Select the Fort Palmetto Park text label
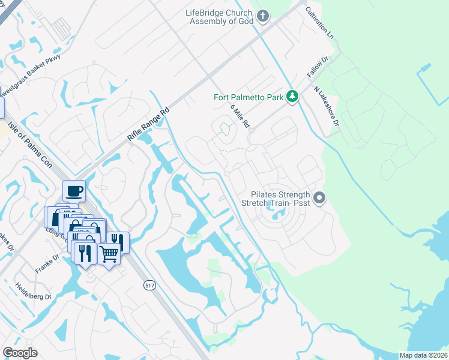pos(249,97)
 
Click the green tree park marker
pos(292,96)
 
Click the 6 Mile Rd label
pos(240,115)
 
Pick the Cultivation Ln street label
pos(319,23)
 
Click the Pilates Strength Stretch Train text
pos(276,199)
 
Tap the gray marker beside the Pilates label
pos(319,197)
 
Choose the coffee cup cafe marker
pos(74,191)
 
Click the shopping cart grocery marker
pos(108,254)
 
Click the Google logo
pos(20,352)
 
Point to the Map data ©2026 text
pos(424,355)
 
